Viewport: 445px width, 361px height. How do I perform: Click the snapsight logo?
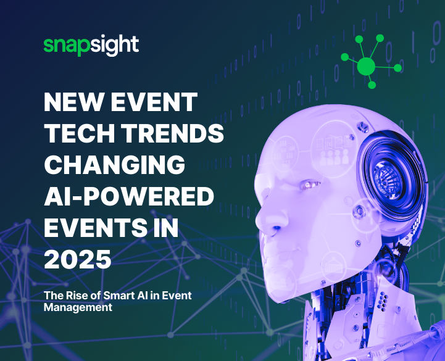[x=91, y=45]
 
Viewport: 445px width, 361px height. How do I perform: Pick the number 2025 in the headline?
[x=78, y=259]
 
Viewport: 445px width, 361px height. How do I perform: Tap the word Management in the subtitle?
[x=78, y=307]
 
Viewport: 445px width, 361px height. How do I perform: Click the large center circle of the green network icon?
[x=367, y=65]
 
